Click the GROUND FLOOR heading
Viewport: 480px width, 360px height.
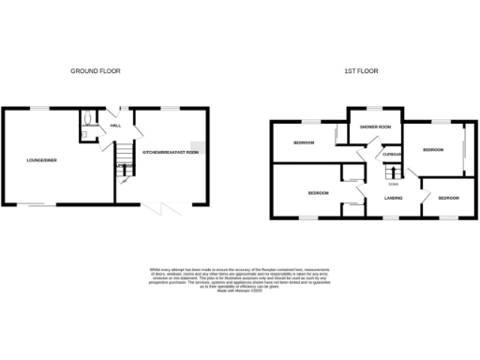coord(97,70)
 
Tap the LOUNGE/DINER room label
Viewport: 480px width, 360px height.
coord(41,160)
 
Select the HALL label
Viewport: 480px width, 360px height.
coord(115,125)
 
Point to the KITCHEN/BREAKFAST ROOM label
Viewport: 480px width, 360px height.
coord(170,151)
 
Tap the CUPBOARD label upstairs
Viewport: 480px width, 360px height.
coord(392,156)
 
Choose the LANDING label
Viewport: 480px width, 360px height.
coord(392,196)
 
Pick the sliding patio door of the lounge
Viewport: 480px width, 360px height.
coord(42,205)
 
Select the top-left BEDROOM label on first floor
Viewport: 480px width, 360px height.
coord(303,142)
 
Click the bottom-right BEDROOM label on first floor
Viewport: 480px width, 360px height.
coord(449,198)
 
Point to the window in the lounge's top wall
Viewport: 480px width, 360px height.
coord(42,109)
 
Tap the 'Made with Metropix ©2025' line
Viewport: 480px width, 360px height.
coord(240,292)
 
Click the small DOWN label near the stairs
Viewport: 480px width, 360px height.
coord(393,183)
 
